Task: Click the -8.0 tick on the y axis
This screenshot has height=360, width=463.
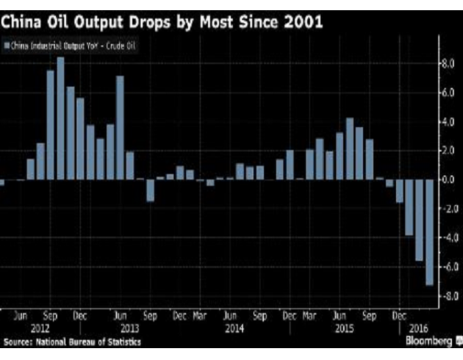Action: tap(448, 295)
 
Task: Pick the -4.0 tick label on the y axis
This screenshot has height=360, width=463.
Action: tap(448, 237)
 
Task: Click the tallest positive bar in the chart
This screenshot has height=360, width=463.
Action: tap(61, 118)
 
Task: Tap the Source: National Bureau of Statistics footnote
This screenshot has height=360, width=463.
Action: tap(72, 342)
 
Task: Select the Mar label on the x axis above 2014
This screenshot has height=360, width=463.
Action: tap(200, 317)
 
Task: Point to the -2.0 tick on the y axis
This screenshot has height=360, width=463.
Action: tap(448, 209)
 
